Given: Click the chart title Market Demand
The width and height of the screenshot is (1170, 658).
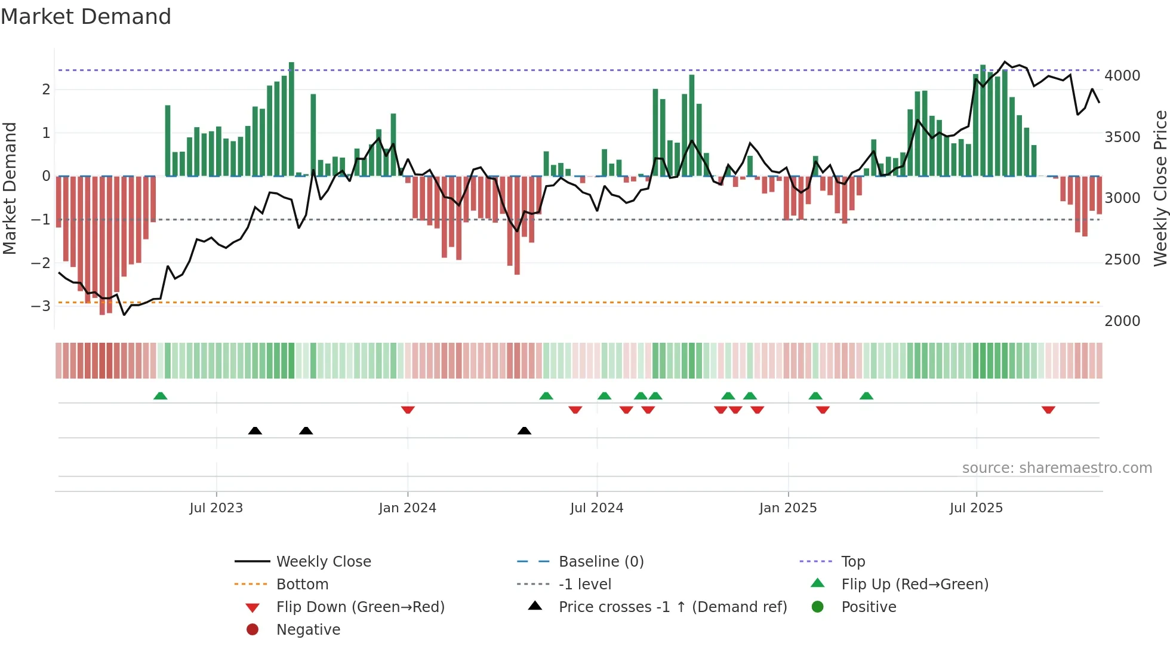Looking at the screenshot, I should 86,17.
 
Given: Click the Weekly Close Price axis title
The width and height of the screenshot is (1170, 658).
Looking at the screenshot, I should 1160,188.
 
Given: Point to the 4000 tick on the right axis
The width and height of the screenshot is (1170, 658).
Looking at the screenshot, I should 1122,76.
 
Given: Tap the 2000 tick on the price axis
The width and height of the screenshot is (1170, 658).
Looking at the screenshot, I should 1122,321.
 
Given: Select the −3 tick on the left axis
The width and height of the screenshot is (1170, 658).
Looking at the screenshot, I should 41,306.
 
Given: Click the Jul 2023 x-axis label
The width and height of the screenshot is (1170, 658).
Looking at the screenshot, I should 216,508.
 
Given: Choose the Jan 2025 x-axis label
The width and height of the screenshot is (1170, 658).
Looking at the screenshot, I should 787,508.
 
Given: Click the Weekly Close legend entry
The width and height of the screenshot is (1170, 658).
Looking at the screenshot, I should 323,562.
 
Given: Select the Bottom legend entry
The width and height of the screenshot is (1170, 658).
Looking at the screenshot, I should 302,585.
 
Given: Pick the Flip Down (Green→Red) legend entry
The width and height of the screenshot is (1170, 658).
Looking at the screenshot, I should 360,607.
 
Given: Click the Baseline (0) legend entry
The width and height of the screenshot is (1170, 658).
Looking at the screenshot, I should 601,562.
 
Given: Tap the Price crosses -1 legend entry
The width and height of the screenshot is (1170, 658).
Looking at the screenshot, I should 672,607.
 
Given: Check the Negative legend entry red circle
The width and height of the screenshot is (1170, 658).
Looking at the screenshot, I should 253,629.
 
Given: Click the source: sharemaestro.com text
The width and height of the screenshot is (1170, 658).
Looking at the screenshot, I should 1057,468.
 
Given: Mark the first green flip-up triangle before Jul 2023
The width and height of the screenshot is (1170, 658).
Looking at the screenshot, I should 160,396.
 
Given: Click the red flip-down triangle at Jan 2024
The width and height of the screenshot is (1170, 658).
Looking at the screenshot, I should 408,410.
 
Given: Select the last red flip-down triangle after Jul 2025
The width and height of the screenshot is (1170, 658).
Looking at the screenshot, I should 1048,410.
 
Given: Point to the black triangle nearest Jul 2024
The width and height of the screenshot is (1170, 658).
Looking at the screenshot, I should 524,431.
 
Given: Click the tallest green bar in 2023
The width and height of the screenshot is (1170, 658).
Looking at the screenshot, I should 291,119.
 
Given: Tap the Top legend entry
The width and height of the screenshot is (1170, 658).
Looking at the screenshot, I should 852,562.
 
